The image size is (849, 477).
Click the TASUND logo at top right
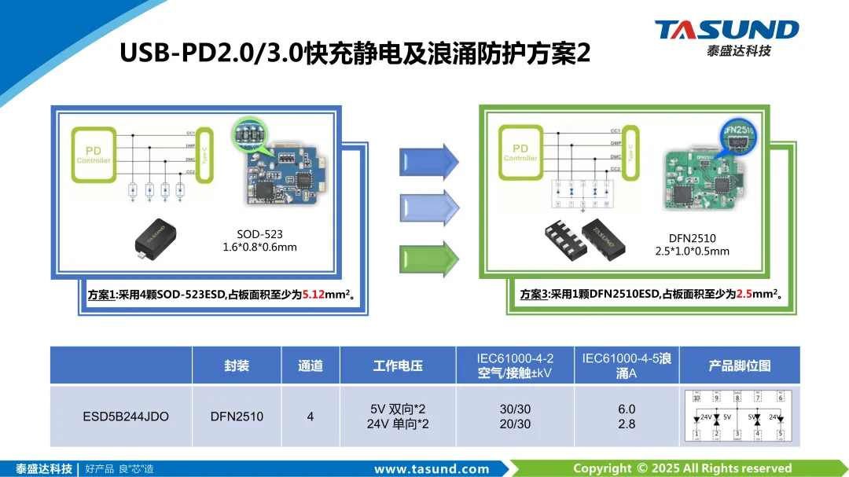point(726,36)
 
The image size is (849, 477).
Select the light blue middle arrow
point(429,208)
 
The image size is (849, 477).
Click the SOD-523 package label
point(259,234)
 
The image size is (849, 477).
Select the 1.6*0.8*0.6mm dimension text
point(260,248)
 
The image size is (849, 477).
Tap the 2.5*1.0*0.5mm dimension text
point(693,251)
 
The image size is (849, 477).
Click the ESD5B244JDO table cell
point(126,416)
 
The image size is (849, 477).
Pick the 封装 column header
point(236,365)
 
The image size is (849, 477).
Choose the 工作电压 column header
point(398,365)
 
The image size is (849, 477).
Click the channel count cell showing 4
point(311,416)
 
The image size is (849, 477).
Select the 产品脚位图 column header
point(739,365)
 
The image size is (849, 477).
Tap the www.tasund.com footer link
point(432,469)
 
